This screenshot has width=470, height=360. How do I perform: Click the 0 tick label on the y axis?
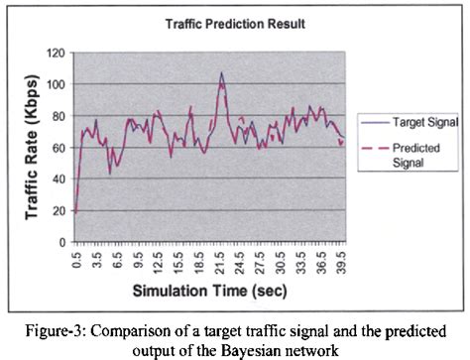pyautogui.click(x=61, y=242)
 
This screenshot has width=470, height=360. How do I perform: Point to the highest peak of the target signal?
pyautogui.click(x=221, y=72)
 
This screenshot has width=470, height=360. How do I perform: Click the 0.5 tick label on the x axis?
pyautogui.click(x=76, y=260)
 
